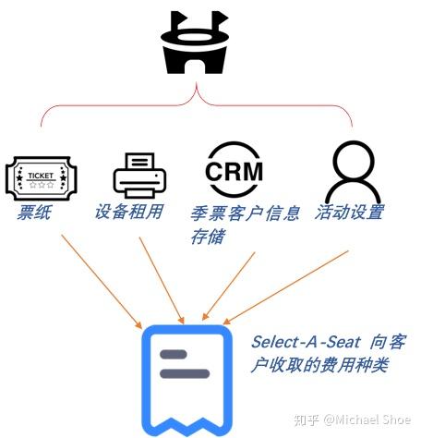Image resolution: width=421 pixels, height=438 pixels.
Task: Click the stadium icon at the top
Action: [195, 43]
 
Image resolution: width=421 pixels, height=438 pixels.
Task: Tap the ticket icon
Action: [42, 178]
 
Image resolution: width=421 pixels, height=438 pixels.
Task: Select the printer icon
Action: [139, 176]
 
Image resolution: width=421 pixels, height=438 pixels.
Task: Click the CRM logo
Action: [234, 170]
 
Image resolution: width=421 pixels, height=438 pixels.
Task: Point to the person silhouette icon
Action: [353, 173]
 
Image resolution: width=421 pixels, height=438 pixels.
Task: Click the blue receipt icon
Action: [186, 380]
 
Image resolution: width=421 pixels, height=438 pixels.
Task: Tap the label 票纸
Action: [34, 213]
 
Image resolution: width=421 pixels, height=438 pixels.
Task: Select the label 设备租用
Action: [129, 212]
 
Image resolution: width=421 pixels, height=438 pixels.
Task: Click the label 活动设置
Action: [350, 212]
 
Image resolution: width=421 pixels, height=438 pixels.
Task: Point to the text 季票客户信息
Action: [246, 213]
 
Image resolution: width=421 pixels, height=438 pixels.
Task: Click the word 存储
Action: [208, 237]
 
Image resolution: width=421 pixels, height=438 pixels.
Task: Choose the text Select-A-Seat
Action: [306, 342]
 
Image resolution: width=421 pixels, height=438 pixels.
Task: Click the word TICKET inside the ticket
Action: [41, 176]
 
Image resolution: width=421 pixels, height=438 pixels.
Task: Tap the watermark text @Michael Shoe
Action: [367, 420]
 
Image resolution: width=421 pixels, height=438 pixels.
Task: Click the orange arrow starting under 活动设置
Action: [285, 287]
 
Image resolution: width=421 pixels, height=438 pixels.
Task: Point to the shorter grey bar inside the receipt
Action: [174, 354]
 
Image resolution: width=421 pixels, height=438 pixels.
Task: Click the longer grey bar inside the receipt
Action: [185, 373]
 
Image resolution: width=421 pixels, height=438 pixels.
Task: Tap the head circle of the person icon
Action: [354, 160]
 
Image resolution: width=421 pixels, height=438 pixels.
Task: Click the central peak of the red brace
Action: [196, 83]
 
